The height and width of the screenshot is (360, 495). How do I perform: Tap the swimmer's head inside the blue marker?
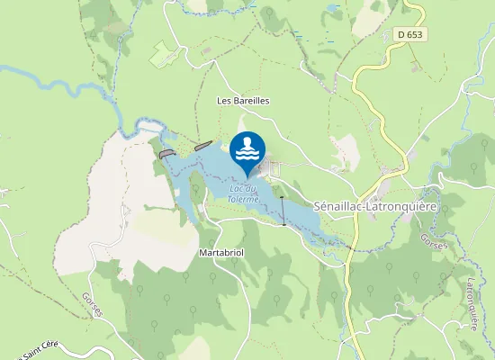tap(247, 142)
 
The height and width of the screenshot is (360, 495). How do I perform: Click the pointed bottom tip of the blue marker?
tap(247, 176)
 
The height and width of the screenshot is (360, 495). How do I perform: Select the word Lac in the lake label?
tap(238, 189)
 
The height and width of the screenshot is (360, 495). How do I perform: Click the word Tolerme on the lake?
tap(245, 199)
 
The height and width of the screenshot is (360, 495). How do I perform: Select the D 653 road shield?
tap(409, 35)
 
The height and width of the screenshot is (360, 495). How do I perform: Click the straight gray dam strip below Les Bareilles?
tap(202, 145)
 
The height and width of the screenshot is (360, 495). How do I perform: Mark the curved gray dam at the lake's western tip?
tap(166, 154)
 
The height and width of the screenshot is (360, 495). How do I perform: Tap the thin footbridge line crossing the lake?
tap(283, 211)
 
